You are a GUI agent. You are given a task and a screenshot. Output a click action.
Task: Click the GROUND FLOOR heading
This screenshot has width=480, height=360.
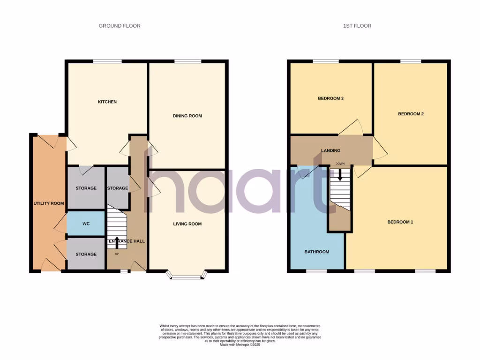point(120,26)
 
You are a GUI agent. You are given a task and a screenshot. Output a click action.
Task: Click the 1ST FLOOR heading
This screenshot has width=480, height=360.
point(357,26)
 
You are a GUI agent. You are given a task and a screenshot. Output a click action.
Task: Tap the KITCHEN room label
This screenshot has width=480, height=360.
point(107,102)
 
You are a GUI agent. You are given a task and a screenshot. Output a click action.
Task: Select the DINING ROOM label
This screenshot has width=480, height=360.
point(187,116)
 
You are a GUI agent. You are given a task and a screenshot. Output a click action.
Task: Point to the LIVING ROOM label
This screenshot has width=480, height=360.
point(187,224)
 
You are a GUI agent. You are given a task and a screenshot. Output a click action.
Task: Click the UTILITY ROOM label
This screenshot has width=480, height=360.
point(48,203)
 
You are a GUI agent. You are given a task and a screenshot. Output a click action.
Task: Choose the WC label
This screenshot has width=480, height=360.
point(86,224)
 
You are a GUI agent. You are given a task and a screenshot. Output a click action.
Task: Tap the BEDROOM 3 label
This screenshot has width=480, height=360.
point(331,98)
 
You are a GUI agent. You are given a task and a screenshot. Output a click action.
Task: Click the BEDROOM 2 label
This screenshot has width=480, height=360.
point(411,114)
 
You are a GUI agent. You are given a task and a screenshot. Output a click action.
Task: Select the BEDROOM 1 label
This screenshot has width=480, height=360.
point(400,222)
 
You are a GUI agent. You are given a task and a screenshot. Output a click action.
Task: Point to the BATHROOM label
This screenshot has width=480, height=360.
point(316,252)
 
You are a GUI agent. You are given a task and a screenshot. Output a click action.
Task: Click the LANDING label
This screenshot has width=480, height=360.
point(330,150)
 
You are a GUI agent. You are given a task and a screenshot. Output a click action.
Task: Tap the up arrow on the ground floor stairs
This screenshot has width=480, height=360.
point(117,242)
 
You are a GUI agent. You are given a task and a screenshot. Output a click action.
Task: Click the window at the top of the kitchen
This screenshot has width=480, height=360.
point(107,61)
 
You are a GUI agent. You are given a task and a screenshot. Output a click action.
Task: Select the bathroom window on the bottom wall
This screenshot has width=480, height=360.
point(316,271)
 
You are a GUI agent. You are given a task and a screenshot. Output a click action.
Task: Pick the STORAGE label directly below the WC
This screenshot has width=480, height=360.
point(86,254)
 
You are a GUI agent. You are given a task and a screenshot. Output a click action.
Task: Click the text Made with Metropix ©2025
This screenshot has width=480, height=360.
point(240,345)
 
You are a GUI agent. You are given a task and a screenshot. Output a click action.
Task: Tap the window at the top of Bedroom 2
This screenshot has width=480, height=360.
point(410,61)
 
